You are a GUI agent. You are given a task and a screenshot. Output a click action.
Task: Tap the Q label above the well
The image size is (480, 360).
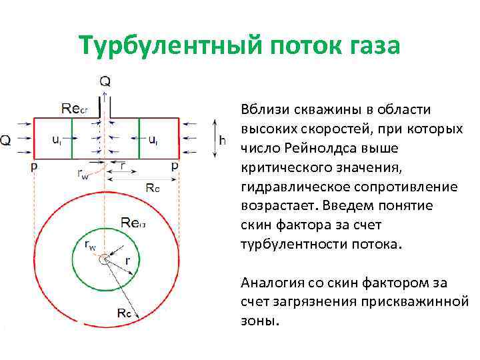tap(105, 82)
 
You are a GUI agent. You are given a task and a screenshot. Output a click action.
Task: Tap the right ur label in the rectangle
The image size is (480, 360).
tap(153, 140)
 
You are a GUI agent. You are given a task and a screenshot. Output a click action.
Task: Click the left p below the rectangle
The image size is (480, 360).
tap(34, 167)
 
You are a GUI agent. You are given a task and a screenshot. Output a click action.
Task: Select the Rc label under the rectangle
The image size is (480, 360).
tap(153, 187)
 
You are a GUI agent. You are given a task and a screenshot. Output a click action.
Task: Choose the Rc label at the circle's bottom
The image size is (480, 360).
tap(123, 312)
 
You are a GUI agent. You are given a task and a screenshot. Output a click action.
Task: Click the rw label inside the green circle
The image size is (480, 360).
tap(89, 245)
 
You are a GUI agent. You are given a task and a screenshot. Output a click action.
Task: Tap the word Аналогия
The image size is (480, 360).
tap(269, 283)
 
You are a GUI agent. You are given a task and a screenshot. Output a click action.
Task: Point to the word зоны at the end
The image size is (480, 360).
tap(257, 321)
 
